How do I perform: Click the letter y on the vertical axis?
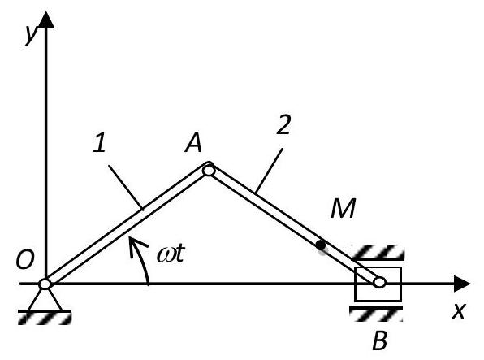click(x=32, y=35)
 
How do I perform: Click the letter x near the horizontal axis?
click(x=458, y=310)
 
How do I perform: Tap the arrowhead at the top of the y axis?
click(x=46, y=20)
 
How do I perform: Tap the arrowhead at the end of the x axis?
click(x=462, y=284)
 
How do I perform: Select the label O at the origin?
click(x=24, y=259)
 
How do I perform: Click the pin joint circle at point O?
click(x=45, y=284)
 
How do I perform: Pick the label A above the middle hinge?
click(x=193, y=143)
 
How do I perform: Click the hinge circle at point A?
click(x=209, y=170)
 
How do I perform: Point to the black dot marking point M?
click(x=321, y=245)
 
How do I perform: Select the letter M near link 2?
click(x=343, y=208)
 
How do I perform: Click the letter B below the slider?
click(x=380, y=340)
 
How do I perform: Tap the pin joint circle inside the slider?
click(x=379, y=282)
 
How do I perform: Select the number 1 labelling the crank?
click(x=100, y=143)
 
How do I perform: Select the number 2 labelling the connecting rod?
click(x=283, y=124)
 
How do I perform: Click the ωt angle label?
click(x=171, y=254)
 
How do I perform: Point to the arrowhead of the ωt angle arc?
click(x=136, y=245)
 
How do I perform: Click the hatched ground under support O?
click(x=45, y=318)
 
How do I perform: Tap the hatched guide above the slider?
click(x=378, y=252)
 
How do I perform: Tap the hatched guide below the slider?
click(x=376, y=314)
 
